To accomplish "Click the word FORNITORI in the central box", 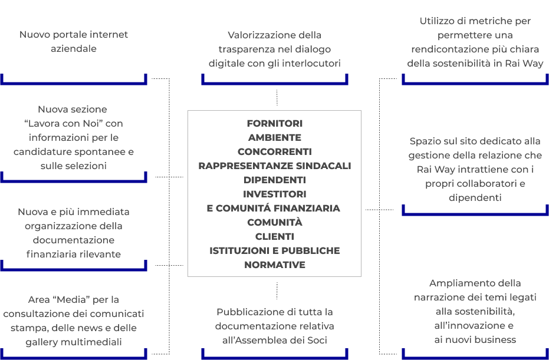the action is (x=275, y=124).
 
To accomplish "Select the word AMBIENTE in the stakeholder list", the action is (x=275, y=137).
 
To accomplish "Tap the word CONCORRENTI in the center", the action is (x=275, y=152).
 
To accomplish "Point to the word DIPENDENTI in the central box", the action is (x=275, y=180).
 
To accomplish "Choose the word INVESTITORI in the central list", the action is (x=275, y=194).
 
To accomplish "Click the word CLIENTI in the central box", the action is (x=275, y=236).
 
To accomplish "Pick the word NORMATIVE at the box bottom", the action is (x=275, y=265).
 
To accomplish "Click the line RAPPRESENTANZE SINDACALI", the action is (x=275, y=166).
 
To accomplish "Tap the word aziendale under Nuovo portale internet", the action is (x=74, y=49).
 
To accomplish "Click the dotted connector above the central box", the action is (x=277, y=98).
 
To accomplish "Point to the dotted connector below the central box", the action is (x=277, y=290).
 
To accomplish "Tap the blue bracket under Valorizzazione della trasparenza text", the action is (x=275, y=83).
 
